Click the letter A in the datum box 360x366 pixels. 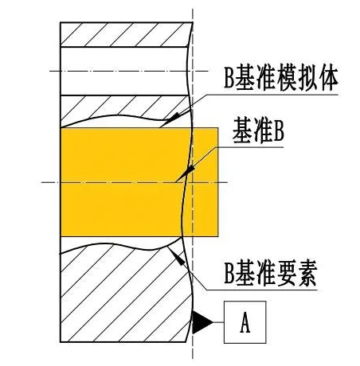tap(245, 322)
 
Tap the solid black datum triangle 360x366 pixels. tap(201, 322)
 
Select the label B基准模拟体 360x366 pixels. tap(281, 78)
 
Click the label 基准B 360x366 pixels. tap(258, 130)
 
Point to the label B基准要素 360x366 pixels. tap(271, 274)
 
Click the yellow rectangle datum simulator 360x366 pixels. tap(139, 182)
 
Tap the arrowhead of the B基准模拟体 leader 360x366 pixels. tap(172, 119)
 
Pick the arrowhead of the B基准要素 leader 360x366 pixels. tap(177, 256)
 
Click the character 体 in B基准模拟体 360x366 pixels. tap(328, 78)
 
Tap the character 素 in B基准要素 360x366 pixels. tap(307, 274)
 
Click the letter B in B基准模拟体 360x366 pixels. tap(229, 78)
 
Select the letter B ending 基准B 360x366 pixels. tap(279, 130)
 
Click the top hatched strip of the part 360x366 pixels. tap(125, 34)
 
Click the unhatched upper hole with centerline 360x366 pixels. tap(124, 71)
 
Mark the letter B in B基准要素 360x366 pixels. tap(229, 274)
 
